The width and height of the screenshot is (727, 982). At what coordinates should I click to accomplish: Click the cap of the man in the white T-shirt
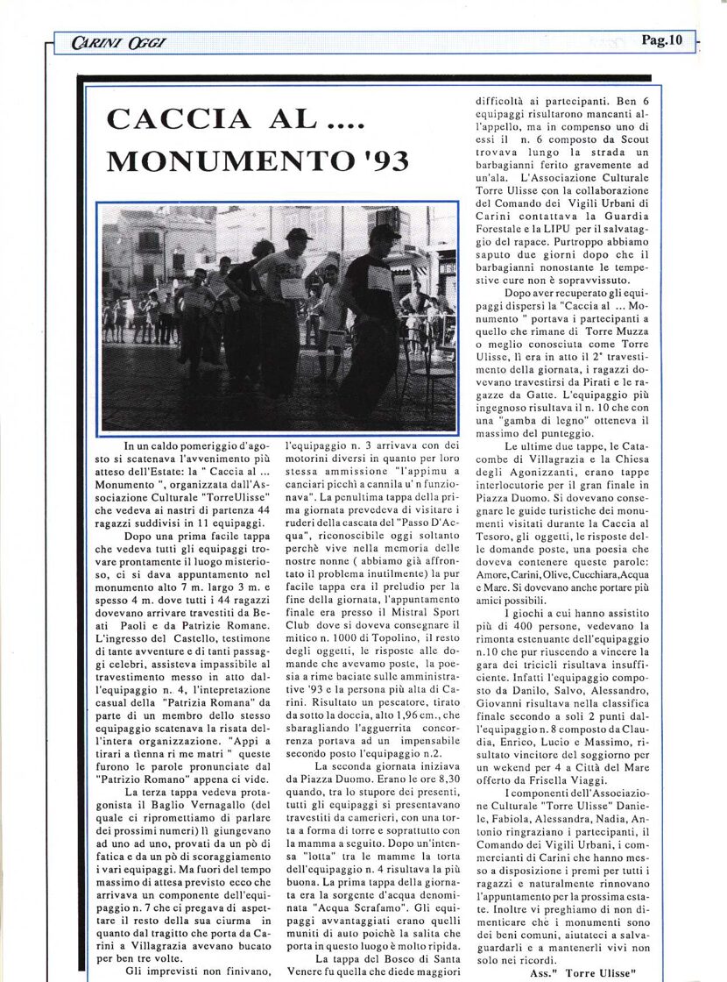click(298, 235)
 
